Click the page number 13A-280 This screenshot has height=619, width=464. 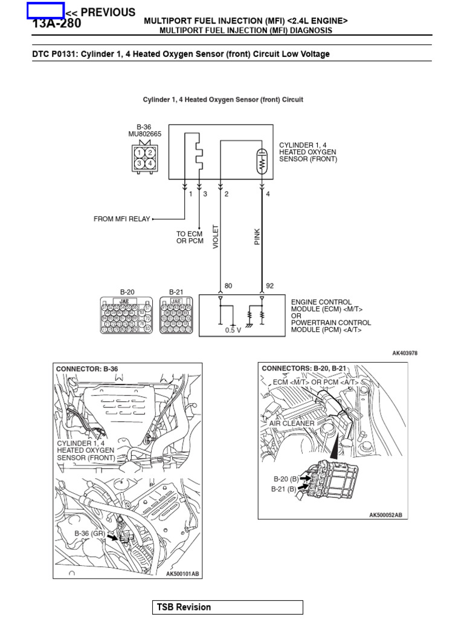(x=56, y=24)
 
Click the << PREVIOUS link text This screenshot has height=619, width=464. (x=100, y=12)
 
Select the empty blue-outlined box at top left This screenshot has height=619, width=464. (x=45, y=10)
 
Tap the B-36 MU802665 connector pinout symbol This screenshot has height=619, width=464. (x=145, y=158)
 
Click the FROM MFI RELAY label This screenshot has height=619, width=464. (x=121, y=219)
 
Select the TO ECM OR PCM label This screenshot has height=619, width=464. (x=190, y=238)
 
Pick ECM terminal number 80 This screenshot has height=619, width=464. (x=228, y=286)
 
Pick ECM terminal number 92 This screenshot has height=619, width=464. (x=269, y=286)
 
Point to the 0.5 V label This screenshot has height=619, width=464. (x=233, y=330)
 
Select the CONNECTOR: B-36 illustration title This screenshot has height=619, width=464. (x=87, y=369)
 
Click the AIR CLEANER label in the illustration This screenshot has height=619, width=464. (x=292, y=424)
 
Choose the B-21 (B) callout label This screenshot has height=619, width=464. (x=284, y=489)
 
